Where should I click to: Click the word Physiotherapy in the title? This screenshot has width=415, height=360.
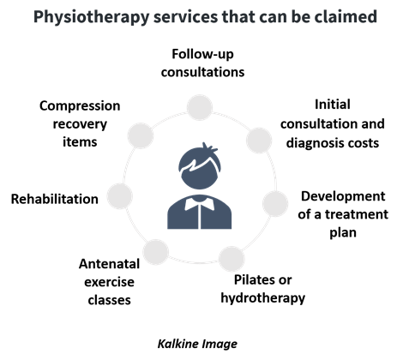(x=92, y=17)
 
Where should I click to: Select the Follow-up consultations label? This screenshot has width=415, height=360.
(x=202, y=63)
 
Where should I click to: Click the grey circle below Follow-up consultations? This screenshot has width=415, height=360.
(x=200, y=107)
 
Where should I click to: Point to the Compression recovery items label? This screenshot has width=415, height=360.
(x=80, y=123)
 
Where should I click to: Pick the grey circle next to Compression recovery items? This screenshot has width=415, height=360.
(x=141, y=135)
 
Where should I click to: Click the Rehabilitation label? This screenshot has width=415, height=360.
(x=55, y=199)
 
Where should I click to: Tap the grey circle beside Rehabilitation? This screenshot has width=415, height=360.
(x=120, y=196)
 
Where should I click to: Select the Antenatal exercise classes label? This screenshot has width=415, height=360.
(x=109, y=282)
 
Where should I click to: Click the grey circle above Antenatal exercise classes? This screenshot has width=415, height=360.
(x=156, y=252)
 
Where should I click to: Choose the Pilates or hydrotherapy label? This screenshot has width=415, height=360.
(x=263, y=289)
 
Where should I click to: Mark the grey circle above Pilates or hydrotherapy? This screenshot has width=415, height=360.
(x=232, y=259)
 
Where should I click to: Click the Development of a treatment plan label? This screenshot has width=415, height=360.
(x=343, y=214)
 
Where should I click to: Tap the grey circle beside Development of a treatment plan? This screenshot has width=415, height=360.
(x=275, y=204)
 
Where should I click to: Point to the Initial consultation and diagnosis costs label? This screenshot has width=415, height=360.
(x=333, y=123)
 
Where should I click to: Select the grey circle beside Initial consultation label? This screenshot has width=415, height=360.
(x=259, y=141)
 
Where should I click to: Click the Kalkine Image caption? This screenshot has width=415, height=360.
(x=197, y=344)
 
